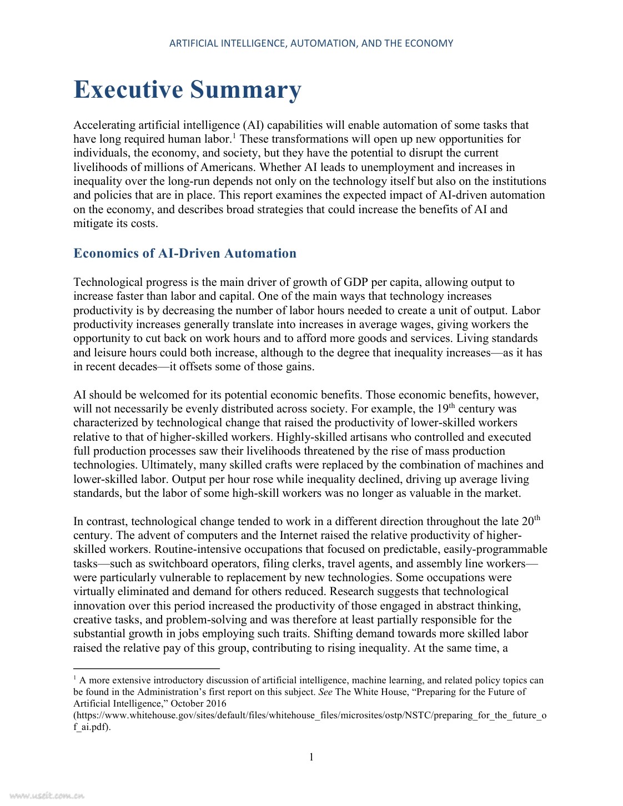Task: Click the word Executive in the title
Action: (128, 90)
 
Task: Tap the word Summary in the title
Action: (245, 90)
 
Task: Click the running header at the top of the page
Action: (311, 43)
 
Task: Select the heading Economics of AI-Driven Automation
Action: (185, 254)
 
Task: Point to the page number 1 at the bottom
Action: (311, 757)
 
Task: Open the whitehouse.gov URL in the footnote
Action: (310, 715)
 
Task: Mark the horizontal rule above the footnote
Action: (147, 669)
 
